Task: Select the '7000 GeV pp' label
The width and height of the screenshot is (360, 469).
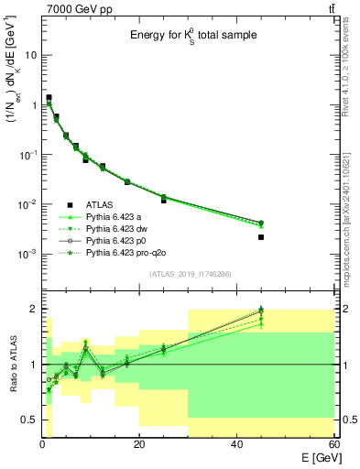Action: point(70,8)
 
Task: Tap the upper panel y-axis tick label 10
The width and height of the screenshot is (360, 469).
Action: point(30,55)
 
